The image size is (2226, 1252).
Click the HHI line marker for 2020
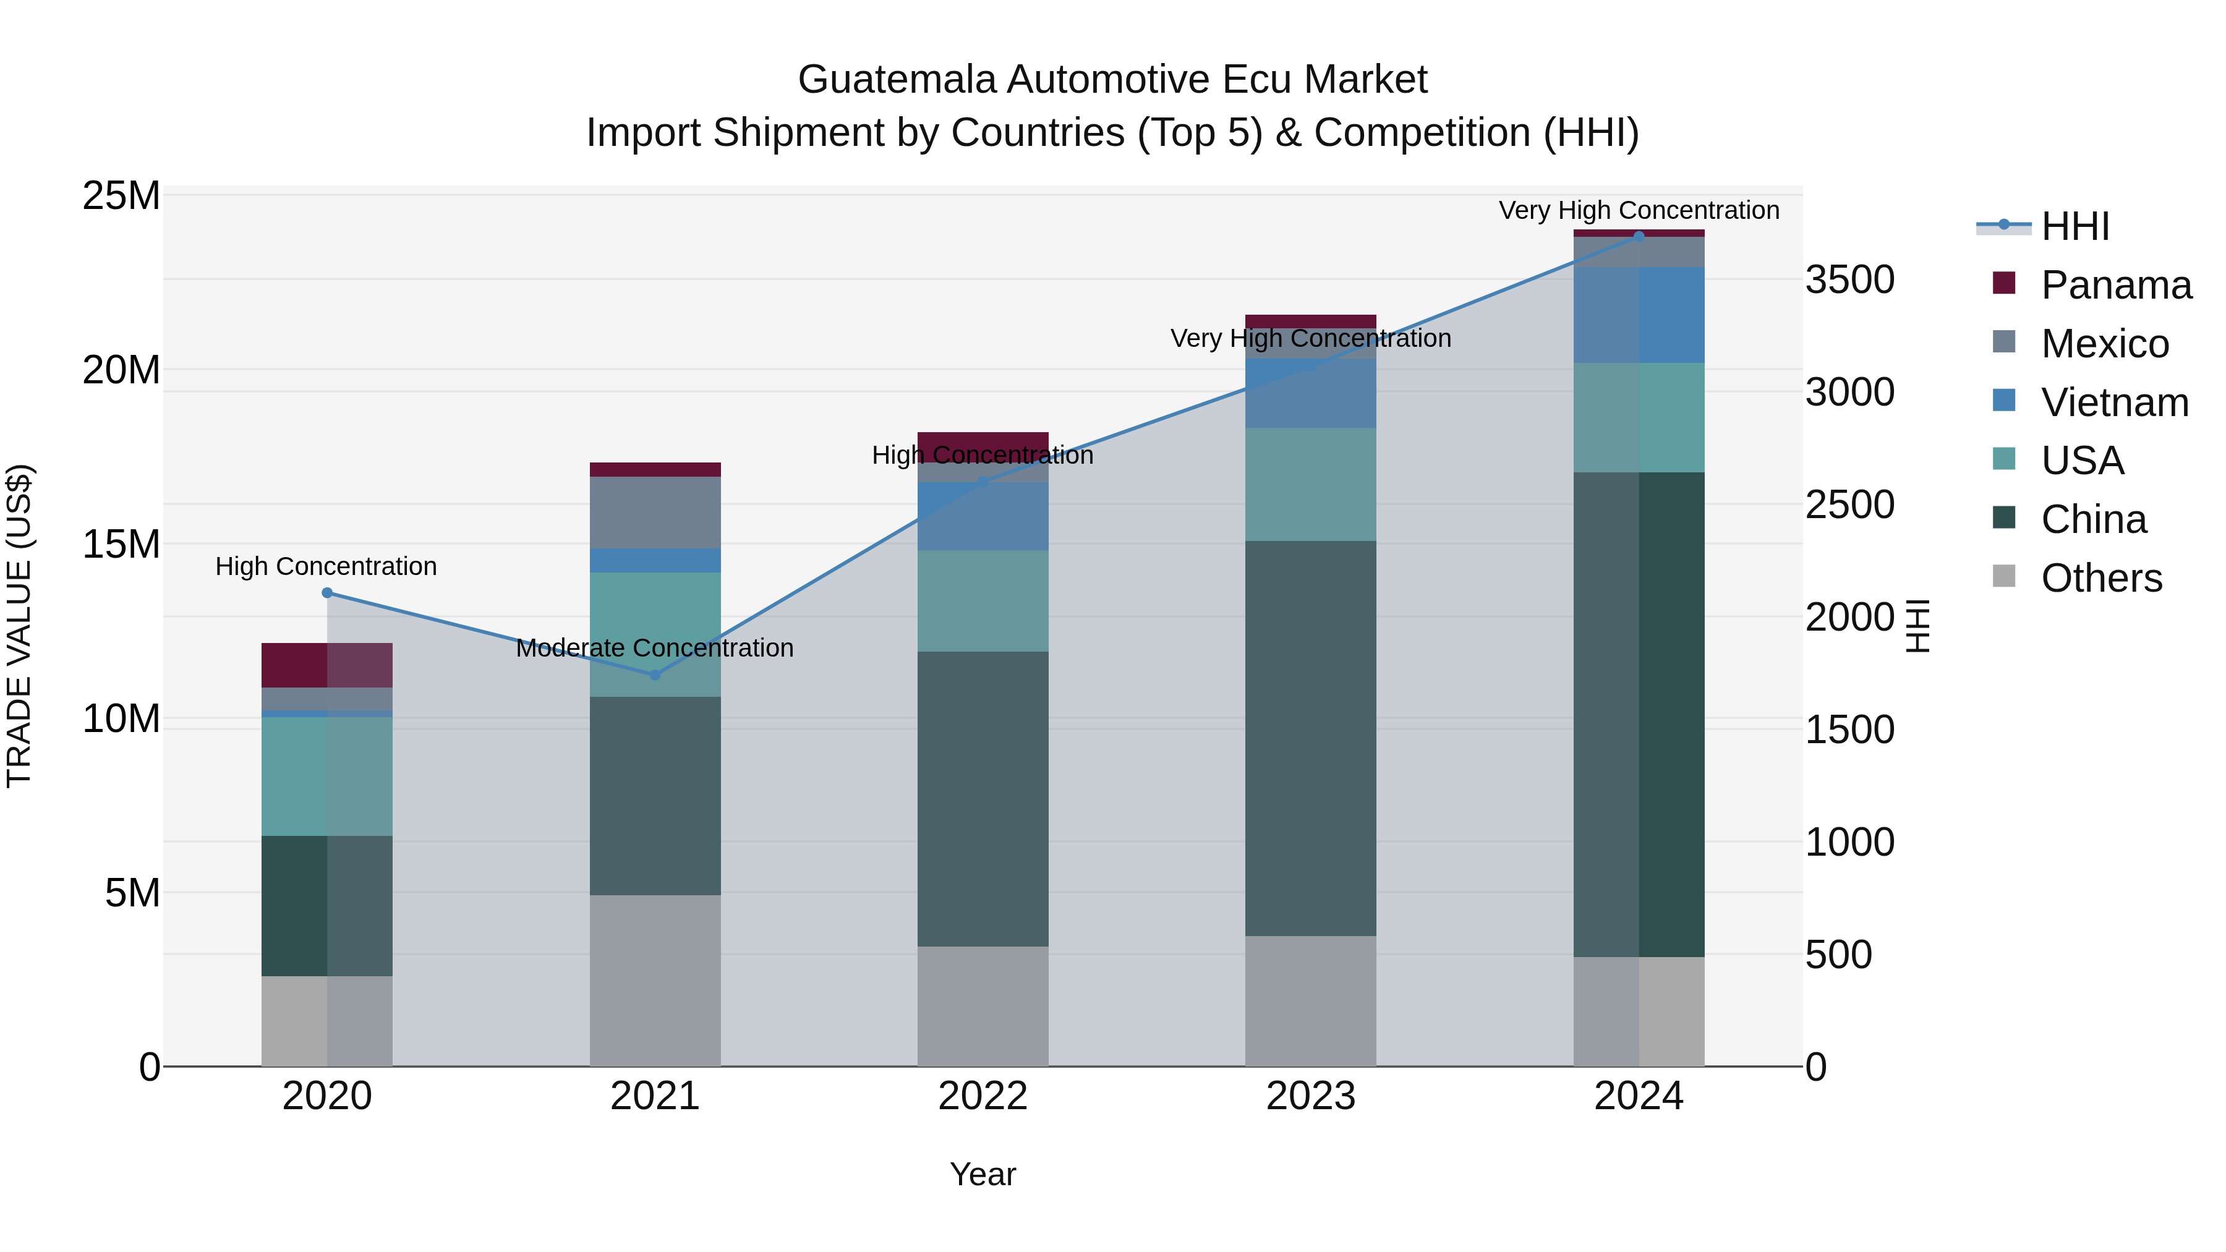point(326,593)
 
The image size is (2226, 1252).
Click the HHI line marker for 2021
point(655,674)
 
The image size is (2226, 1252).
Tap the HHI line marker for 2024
point(1639,236)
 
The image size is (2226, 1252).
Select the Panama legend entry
point(2115,284)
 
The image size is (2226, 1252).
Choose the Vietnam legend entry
point(2113,402)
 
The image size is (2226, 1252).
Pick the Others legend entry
point(2100,577)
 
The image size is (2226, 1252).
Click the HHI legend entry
point(2075,226)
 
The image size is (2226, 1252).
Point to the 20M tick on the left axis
point(121,370)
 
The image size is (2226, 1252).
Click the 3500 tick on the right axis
point(1850,280)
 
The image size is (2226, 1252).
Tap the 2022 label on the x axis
point(983,1096)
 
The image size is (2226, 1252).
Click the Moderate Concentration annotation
point(654,647)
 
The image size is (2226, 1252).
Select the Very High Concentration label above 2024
point(1639,210)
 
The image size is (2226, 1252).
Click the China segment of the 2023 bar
point(1310,739)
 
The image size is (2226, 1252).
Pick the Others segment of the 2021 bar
point(655,980)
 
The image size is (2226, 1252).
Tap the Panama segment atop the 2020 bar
point(326,665)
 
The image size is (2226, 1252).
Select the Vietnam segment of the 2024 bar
point(1639,315)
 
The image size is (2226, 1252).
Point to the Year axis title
point(983,1174)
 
